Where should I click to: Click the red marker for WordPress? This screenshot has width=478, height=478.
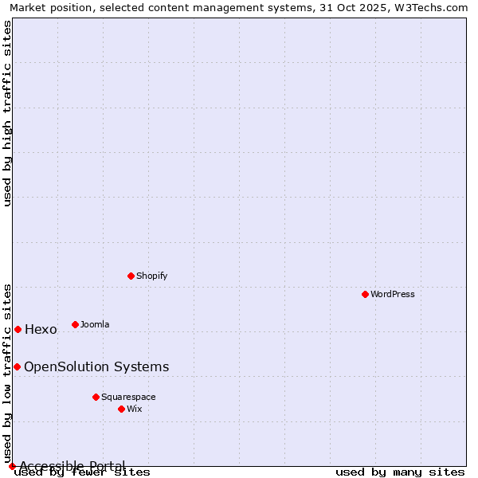366,294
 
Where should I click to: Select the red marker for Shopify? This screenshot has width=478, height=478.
131,276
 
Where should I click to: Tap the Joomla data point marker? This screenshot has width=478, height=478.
76,324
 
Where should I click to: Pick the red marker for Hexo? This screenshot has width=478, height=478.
18,329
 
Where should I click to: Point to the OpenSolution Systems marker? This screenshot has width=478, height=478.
17,366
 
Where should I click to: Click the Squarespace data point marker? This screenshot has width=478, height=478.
96,397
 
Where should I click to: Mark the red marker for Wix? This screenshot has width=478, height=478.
122,409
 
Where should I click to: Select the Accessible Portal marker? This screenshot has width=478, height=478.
12,466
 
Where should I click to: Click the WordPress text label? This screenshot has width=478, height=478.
393,294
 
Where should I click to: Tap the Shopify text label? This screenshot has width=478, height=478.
152,276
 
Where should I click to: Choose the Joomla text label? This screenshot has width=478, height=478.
95,324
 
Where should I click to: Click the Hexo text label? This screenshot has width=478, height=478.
41,330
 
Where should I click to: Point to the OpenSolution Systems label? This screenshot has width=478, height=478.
96,367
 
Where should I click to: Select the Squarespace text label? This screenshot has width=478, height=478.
128,397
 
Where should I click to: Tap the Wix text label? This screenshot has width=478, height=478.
135,409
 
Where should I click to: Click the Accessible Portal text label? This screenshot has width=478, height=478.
72,466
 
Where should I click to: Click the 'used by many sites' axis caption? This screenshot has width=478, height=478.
400,472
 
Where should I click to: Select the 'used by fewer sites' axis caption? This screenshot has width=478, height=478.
83,472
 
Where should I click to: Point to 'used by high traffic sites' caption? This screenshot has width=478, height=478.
8,113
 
